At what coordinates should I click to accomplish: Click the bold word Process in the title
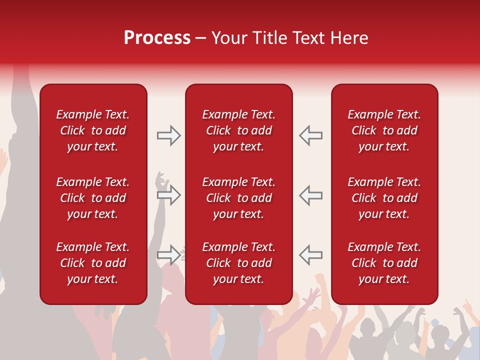point(157,38)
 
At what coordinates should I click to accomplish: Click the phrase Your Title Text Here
point(289,38)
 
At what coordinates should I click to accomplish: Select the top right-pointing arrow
point(168,135)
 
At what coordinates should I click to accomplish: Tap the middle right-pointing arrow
point(168,195)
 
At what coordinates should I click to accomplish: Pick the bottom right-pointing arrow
point(168,254)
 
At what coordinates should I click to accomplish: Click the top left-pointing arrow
point(310,135)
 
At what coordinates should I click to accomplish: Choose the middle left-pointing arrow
point(310,195)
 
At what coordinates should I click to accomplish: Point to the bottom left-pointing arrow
point(310,254)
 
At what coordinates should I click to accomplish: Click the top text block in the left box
point(93,130)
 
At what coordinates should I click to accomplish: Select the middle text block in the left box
point(93,198)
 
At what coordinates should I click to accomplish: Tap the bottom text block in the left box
point(93,263)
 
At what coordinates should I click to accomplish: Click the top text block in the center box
point(238,130)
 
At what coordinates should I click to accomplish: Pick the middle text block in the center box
point(238,198)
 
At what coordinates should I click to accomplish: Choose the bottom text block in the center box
point(238,263)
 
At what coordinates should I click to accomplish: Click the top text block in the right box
point(384,130)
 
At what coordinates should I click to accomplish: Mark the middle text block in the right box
point(384,198)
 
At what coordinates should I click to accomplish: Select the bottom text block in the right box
point(384,263)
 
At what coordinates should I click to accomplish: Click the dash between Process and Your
point(200,38)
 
